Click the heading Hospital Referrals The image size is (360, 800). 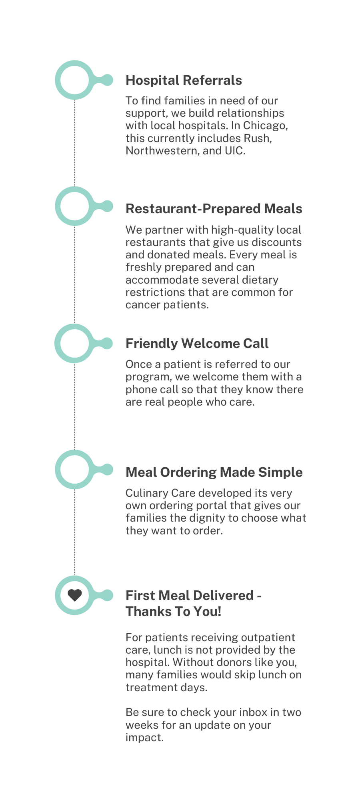(x=184, y=80)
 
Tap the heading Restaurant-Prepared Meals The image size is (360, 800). (x=214, y=209)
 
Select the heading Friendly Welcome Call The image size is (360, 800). (x=197, y=344)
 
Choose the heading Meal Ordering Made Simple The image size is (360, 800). (x=214, y=472)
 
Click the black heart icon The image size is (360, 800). (x=75, y=596)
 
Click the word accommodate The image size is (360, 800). (x=162, y=280)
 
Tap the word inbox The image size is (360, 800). (x=253, y=712)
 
